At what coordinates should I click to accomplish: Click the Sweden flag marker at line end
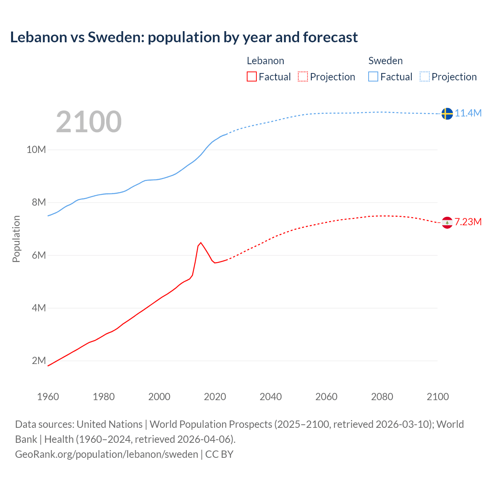point(447,114)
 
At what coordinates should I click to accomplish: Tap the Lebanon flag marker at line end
point(447,223)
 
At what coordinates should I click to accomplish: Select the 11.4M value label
point(468,113)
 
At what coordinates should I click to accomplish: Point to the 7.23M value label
point(468,222)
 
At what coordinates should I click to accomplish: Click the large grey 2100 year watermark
point(89,122)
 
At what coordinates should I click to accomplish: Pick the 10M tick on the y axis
point(36,150)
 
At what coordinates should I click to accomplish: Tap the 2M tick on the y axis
point(39,361)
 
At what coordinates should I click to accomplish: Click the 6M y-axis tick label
point(39,255)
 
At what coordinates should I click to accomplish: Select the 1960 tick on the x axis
point(48,397)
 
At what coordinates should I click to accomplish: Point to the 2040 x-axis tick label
point(271,397)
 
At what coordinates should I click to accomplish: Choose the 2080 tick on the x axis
point(382,397)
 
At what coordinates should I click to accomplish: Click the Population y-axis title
point(16,239)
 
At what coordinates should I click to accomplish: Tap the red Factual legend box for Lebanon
point(251,76)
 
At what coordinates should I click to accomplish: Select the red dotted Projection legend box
point(303,76)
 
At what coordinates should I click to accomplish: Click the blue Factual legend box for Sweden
point(373,76)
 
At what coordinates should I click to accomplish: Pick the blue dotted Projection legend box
point(425,76)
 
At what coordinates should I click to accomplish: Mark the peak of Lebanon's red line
point(201,243)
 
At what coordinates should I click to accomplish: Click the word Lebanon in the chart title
point(38,37)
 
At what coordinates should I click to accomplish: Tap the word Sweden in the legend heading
point(386,61)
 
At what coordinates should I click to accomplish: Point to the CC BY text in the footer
point(219,454)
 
